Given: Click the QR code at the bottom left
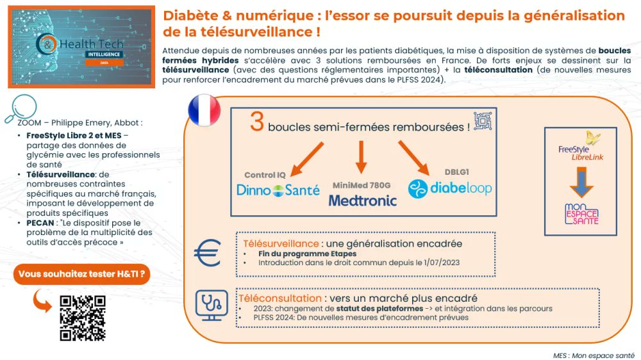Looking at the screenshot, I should pos(82,318).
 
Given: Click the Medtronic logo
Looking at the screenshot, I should pos(362,200).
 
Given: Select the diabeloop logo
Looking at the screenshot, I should pos(450,188).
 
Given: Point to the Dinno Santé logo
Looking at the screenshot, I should pos(278,190).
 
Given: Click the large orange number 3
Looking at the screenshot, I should pos(257,122).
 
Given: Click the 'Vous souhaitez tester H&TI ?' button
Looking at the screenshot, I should pos(81,274).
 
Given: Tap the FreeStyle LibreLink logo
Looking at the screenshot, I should pos(581,149).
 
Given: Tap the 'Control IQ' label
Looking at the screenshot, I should pos(265,174).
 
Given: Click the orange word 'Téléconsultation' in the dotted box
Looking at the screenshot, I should pos(280,299).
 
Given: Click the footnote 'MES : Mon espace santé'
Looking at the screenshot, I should pos(593,354).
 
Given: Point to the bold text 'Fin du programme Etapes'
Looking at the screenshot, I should pos(298,254).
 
